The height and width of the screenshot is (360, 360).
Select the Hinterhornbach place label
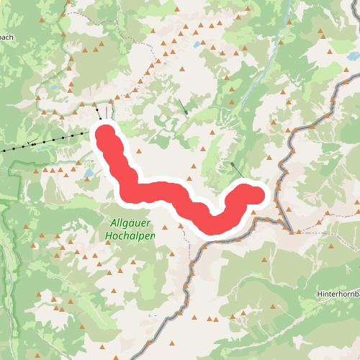(338, 294)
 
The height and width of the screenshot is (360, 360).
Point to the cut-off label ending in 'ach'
(5, 37)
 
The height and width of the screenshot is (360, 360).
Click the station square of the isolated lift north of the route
(186, 112)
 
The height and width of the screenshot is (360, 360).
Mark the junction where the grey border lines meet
(291, 231)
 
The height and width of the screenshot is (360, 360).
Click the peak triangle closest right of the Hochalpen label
(170, 253)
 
